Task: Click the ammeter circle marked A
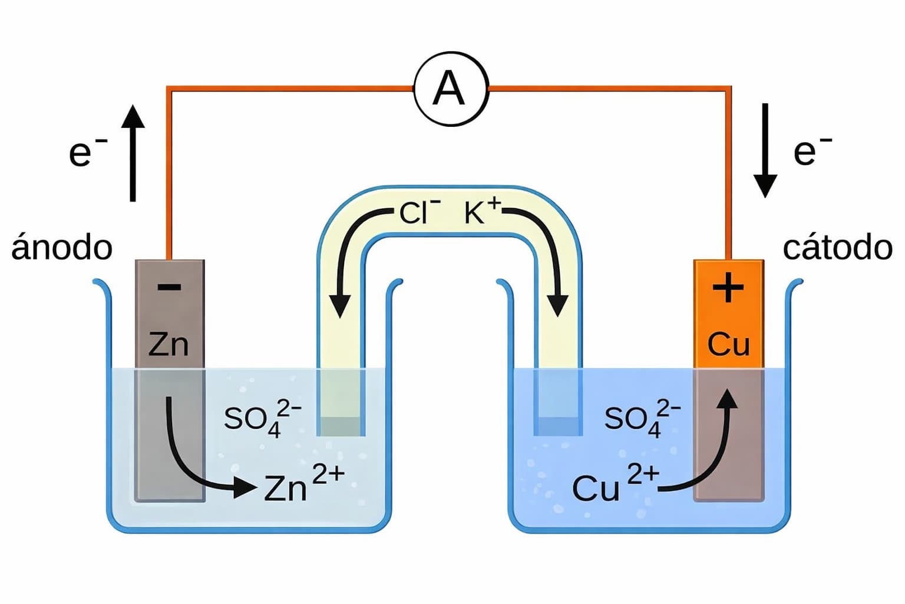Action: pos(451,88)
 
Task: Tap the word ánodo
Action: pos(62,248)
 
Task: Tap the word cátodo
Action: pos(837,248)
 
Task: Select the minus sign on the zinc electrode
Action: pos(170,288)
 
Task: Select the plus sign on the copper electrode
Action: pos(728,288)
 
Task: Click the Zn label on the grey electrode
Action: pos(169,344)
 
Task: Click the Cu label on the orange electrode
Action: pos(728,344)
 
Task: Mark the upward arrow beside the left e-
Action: pos(133,153)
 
